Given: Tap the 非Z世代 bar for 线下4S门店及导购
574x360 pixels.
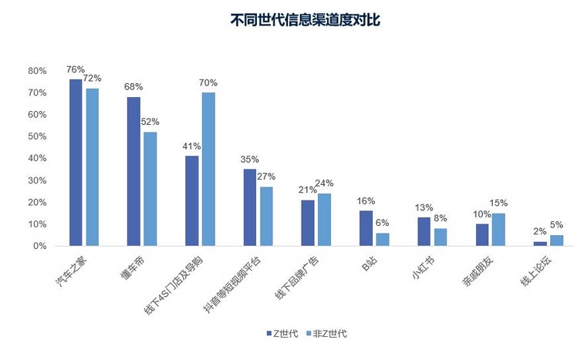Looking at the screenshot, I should [208, 169].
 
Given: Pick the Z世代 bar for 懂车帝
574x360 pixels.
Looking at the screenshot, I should [133, 171].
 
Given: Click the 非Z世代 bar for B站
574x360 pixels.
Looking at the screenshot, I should [382, 239].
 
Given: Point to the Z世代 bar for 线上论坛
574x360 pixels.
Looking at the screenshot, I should [540, 244].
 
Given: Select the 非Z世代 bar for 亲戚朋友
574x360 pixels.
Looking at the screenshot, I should [498, 230].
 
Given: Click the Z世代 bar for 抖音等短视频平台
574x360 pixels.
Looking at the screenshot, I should [250, 207].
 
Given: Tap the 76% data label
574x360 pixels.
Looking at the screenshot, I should [76, 70].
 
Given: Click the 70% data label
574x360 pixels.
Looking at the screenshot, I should [208, 83].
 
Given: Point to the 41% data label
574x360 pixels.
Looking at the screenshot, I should [191, 146].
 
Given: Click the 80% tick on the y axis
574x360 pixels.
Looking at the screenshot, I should [37, 70].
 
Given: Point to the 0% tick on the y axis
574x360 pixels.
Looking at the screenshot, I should [40, 246].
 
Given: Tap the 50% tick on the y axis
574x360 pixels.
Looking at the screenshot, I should [37, 136].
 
